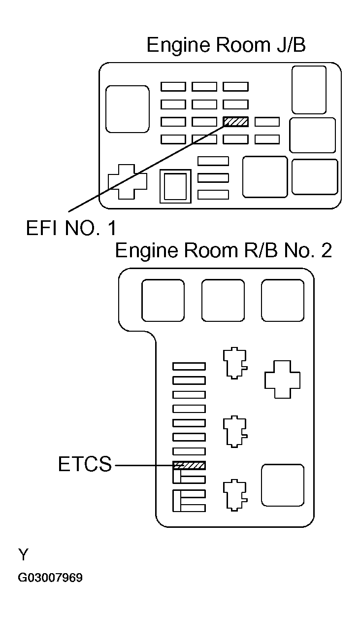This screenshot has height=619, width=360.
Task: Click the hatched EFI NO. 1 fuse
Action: click(235, 122)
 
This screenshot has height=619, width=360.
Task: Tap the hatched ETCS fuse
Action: click(189, 465)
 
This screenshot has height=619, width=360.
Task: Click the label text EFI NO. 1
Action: click(72, 229)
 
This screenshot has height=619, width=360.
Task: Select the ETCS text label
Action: click(85, 465)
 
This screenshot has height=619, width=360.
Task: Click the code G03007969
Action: click(50, 578)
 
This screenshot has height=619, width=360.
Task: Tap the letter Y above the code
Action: click(23, 555)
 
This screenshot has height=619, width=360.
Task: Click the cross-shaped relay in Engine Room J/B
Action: click(127, 181)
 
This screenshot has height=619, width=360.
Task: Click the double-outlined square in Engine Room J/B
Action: click(175, 186)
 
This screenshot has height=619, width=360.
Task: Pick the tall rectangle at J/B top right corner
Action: click(309, 90)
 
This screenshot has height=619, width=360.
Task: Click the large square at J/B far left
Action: click(128, 109)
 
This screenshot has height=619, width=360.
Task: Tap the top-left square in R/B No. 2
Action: click(163, 301)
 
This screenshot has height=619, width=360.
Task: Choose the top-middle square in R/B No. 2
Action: click(223, 301)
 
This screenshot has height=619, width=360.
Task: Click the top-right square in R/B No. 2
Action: click(282, 301)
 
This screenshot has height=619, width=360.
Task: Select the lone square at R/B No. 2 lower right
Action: click(282, 485)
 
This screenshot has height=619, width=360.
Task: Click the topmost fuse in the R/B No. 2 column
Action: click(189, 366)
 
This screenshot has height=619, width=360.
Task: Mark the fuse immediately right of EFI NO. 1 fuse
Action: click(267, 122)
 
